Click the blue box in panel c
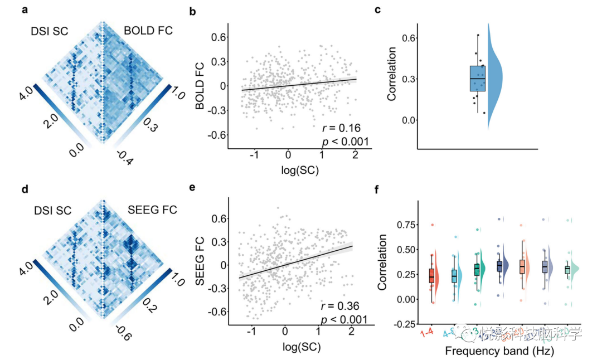478,78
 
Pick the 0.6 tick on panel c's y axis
409,37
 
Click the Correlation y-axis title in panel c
392,75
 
